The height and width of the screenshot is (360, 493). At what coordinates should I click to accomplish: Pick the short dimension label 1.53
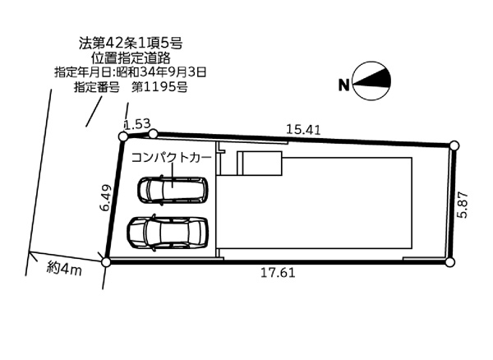(x=136, y=123)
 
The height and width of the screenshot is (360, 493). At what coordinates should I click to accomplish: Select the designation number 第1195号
(x=159, y=87)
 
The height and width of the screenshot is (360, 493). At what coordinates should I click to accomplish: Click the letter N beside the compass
(x=344, y=84)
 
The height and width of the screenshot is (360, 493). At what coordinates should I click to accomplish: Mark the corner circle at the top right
(x=454, y=145)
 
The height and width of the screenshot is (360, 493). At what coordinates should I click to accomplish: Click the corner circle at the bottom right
(x=449, y=261)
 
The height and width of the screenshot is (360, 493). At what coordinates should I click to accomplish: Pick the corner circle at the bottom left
(x=105, y=261)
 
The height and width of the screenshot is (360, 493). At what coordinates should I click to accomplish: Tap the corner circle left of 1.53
(x=122, y=136)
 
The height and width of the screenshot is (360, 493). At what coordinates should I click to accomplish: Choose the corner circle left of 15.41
(x=153, y=132)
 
